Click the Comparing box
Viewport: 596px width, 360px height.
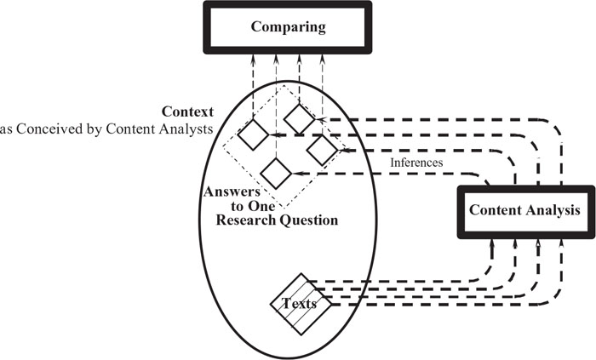coord(288,26)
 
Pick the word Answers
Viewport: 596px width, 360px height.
coord(231,191)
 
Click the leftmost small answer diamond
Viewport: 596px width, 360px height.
coord(254,134)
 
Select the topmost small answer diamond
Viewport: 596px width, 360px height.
coord(299,118)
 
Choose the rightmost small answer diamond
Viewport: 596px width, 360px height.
coord(323,151)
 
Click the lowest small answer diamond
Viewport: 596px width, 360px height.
coord(277,173)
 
